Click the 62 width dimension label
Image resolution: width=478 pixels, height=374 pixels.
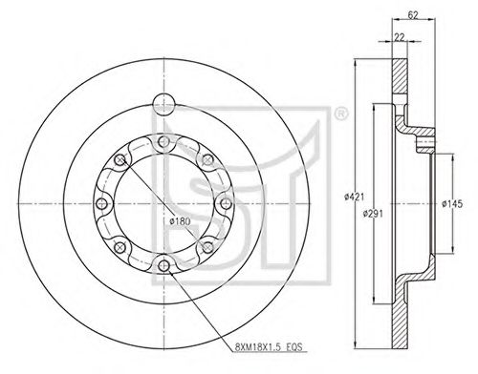[412, 14]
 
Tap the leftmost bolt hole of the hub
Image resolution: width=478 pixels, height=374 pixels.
[103, 203]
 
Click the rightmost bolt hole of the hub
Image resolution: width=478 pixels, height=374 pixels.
[225, 203]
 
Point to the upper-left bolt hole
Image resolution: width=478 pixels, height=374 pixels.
[120, 160]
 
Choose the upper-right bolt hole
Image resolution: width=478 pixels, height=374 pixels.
[206, 160]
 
